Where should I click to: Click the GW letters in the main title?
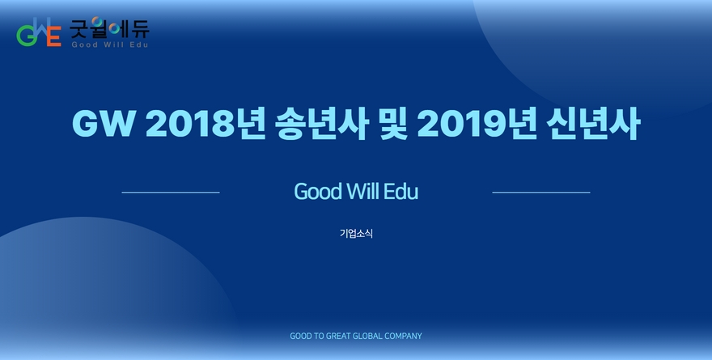(x=104, y=124)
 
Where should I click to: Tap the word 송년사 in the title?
(x=321, y=124)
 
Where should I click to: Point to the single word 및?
(x=392, y=124)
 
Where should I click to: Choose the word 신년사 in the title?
(x=593, y=124)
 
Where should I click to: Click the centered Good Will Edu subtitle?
(x=356, y=192)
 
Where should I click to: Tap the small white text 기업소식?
(x=356, y=233)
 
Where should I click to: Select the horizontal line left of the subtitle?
(x=171, y=193)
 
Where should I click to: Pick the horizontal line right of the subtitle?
(x=541, y=193)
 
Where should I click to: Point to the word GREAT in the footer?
(x=338, y=336)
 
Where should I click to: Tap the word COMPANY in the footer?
(x=403, y=336)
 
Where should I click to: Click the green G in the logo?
(x=25, y=36)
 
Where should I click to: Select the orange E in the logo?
(x=54, y=36)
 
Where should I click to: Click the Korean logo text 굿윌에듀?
(x=109, y=28)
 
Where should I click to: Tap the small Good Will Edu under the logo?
(x=110, y=44)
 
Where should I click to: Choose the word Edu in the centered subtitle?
(x=401, y=192)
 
